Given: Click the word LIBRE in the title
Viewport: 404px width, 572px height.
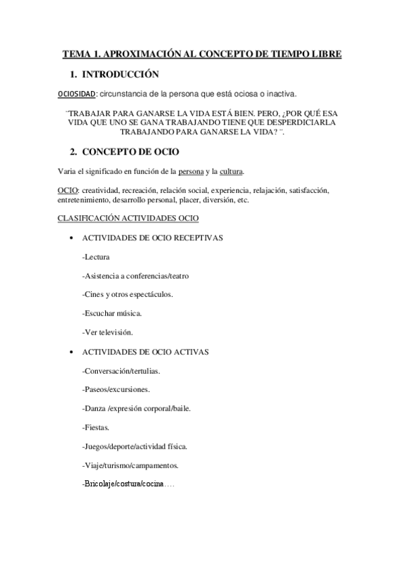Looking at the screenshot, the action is click(x=325, y=53).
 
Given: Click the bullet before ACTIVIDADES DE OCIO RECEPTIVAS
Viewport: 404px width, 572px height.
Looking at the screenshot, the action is click(x=71, y=239).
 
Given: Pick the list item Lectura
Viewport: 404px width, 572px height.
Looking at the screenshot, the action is click(x=96, y=257).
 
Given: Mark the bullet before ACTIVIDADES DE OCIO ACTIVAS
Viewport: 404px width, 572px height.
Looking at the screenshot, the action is click(x=71, y=352).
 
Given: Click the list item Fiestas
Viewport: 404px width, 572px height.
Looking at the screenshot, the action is click(x=95, y=428).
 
